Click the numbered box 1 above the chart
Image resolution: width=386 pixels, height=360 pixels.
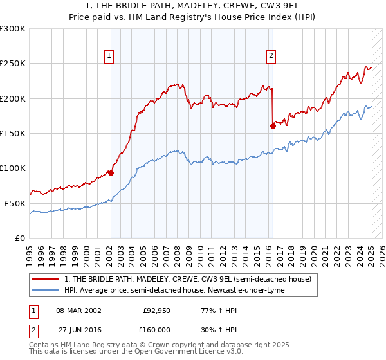pos(110,56)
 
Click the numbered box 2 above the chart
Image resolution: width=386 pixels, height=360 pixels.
pos(271,56)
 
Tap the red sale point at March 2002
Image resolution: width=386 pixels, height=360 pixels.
pos(111,173)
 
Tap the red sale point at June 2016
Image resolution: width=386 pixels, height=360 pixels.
pos(273,126)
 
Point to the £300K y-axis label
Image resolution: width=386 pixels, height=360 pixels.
pos(12,29)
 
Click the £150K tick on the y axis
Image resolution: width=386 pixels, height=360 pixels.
pos(12,133)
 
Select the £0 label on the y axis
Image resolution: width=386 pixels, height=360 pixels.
pos(19,238)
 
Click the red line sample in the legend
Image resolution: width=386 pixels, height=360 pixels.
pos(45,279)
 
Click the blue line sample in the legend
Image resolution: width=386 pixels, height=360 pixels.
pos(45,290)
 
